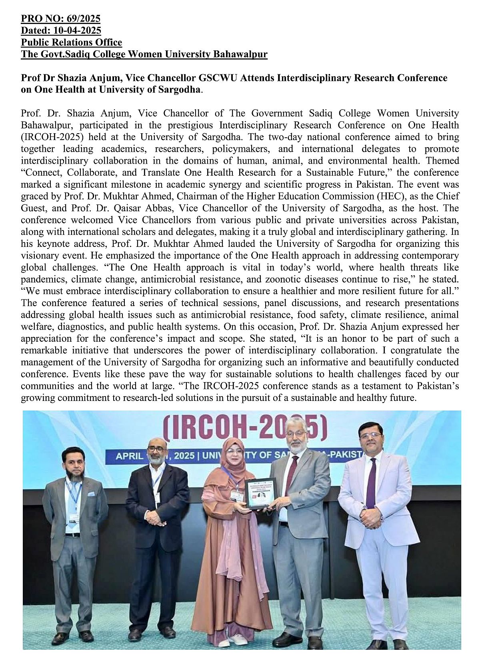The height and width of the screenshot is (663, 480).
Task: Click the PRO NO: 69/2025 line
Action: pyautogui.click(x=60, y=18)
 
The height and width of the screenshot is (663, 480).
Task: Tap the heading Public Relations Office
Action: pyautogui.click(x=71, y=42)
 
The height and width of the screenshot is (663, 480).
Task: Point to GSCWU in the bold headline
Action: pyautogui.click(x=215, y=78)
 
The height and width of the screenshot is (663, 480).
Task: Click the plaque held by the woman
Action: pyautogui.click(x=260, y=493)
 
